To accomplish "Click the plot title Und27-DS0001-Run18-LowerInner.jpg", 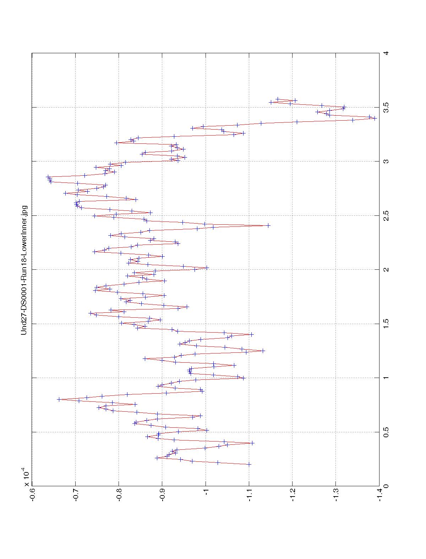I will pyautogui.click(x=24, y=270).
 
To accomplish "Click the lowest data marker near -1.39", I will pyautogui.click(x=375, y=118).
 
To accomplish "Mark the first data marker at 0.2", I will pyautogui.click(x=249, y=464).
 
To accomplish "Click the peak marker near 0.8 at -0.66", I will pyautogui.click(x=59, y=399).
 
